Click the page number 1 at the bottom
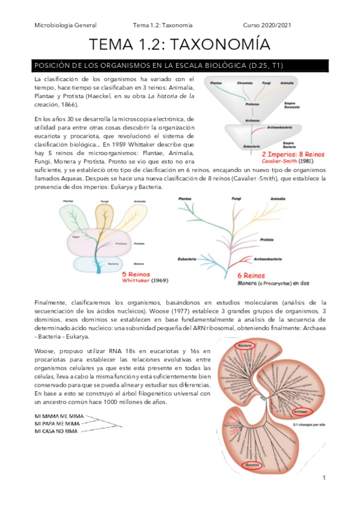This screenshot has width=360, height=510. click(324, 478)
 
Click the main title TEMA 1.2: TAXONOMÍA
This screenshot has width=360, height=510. click(180, 45)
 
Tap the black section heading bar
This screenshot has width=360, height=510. click(180, 65)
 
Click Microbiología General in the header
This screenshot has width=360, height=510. click(66, 25)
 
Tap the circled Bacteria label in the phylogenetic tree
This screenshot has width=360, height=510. click(245, 346)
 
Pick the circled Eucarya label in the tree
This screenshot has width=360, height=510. click(252, 465)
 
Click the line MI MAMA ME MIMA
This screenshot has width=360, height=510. click(59, 416)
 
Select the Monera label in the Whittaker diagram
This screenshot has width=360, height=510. click(139, 263)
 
